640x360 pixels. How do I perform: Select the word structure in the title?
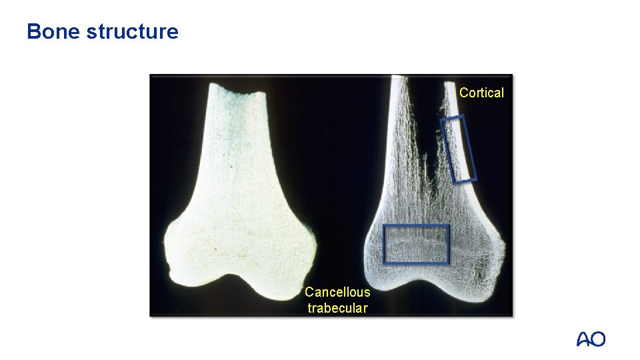(x=132, y=31)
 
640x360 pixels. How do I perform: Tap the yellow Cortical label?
(x=481, y=93)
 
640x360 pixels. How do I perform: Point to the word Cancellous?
(x=337, y=292)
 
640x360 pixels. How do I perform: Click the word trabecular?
(x=337, y=308)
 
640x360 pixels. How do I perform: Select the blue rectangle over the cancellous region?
(x=416, y=244)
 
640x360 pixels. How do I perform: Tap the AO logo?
(x=591, y=339)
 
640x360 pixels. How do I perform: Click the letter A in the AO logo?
(x=583, y=339)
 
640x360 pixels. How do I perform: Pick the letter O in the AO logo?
(x=599, y=339)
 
